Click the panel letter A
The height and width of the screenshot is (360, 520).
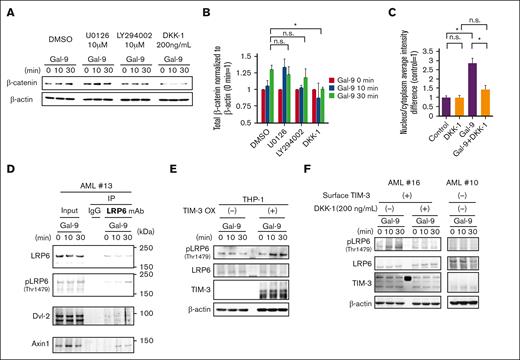(x=7, y=8)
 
